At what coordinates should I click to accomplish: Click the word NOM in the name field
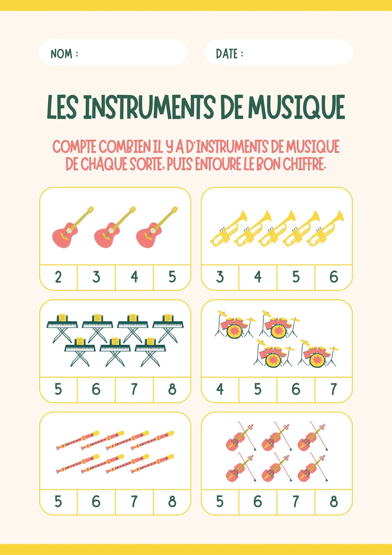[x=61, y=53]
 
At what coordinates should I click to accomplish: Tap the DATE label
[x=227, y=53]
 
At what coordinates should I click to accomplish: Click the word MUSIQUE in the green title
[x=297, y=107]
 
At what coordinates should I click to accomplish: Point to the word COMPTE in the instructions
[x=74, y=147]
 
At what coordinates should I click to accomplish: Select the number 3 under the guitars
[x=96, y=277]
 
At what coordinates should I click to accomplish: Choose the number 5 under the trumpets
[x=296, y=277]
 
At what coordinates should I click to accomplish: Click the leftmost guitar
[x=73, y=227]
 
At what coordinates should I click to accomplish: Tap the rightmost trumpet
[x=325, y=229]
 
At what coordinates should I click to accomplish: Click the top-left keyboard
[x=62, y=328]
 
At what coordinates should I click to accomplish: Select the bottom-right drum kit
[x=319, y=353]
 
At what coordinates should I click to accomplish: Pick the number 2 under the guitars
[x=58, y=277]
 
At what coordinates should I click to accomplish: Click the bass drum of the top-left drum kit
[x=233, y=332]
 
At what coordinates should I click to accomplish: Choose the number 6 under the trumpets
[x=334, y=277]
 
